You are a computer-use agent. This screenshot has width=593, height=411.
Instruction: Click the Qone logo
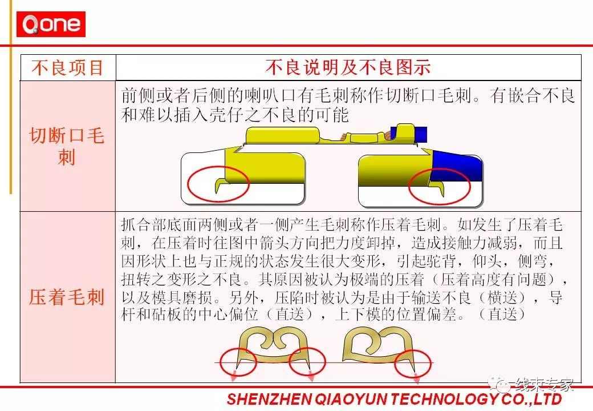pos(51,24)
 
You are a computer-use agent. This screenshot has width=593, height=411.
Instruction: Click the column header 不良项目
pos(68,68)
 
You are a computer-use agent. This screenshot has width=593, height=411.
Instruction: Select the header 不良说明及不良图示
pos(348,67)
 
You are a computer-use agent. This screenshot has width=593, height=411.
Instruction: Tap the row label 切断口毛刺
pos(67,146)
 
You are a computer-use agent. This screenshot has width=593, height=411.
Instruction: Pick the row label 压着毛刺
pos(67,297)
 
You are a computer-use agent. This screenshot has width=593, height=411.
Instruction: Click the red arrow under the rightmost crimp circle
pos(417,378)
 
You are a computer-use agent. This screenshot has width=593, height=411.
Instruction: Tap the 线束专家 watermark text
pos(544,384)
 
